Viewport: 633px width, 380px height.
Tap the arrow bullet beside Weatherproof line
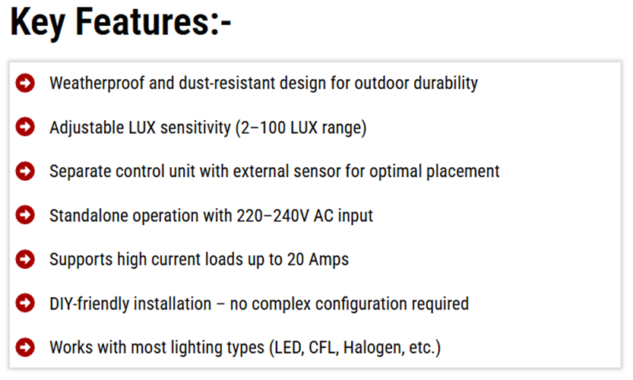(x=25, y=83)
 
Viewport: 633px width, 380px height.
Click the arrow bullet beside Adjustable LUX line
(x=25, y=127)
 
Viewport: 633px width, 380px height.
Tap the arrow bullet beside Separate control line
(x=25, y=171)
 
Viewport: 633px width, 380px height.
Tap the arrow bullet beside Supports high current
(x=25, y=259)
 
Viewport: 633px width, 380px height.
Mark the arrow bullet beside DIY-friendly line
(x=25, y=303)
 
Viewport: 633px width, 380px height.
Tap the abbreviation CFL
(x=321, y=348)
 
